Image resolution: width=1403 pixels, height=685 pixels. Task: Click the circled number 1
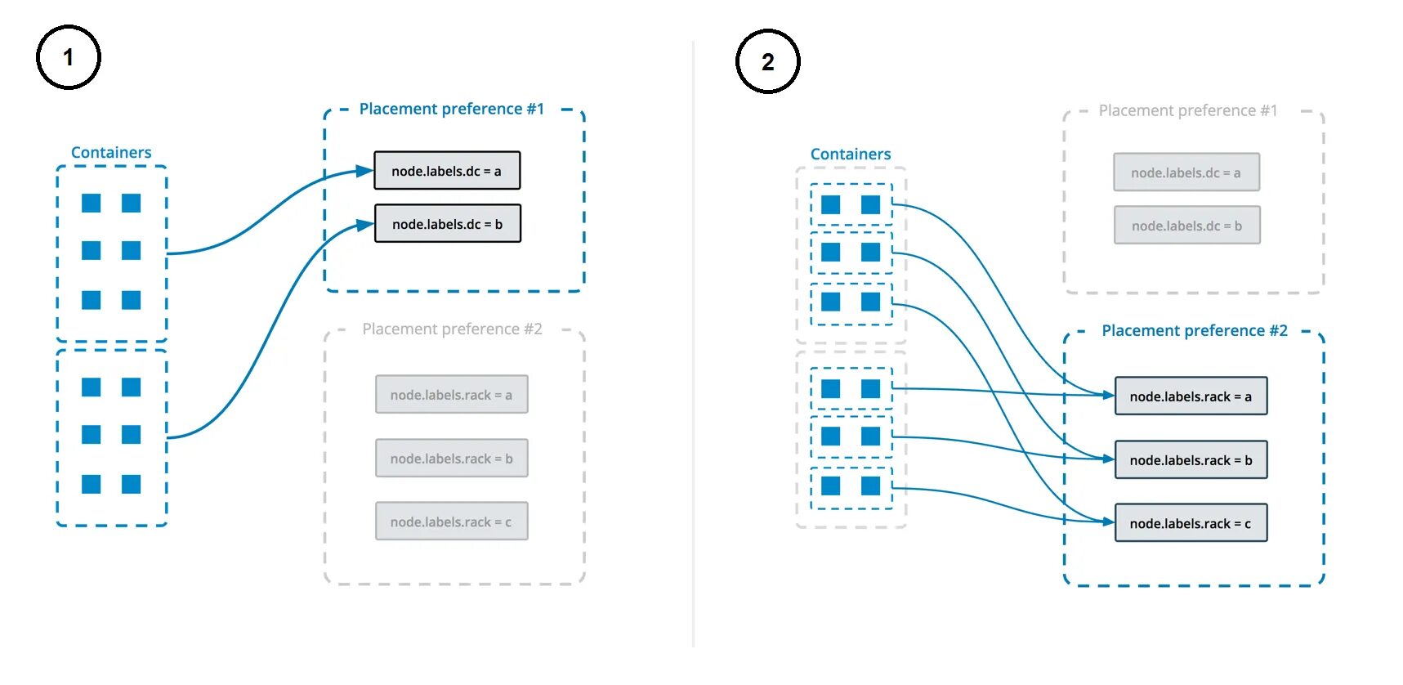pos(69,57)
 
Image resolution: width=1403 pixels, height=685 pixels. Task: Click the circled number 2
pos(767,61)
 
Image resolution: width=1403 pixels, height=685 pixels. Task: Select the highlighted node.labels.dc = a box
pos(447,171)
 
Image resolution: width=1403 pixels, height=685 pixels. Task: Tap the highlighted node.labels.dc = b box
pos(447,224)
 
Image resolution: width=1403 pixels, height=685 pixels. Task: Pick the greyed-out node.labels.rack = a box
pos(451,395)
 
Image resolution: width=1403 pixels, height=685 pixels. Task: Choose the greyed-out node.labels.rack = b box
pos(451,459)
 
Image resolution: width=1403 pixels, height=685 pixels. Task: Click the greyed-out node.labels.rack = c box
pos(451,522)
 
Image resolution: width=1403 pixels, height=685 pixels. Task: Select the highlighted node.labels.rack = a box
pos(1191,396)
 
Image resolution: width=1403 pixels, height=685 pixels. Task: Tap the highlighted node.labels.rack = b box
pos(1191,460)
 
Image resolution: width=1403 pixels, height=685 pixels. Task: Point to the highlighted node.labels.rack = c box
pos(1191,523)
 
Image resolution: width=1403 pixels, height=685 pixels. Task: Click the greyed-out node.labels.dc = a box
pos(1186,172)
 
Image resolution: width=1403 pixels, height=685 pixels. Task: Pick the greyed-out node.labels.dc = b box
pos(1186,226)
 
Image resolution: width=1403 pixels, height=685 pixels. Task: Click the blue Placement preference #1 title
pos(452,109)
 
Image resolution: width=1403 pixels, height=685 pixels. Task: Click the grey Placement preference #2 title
pos(452,329)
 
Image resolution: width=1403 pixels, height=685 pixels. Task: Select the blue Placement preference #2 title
pos(1194,330)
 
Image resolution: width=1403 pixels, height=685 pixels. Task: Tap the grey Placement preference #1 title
pos(1187,110)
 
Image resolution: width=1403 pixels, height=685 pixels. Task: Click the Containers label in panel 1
pos(111,152)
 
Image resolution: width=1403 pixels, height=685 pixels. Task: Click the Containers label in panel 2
pos(851,154)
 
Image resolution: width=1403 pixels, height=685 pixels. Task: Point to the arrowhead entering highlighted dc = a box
pos(365,171)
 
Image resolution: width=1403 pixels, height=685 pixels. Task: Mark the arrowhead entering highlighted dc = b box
pos(365,224)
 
